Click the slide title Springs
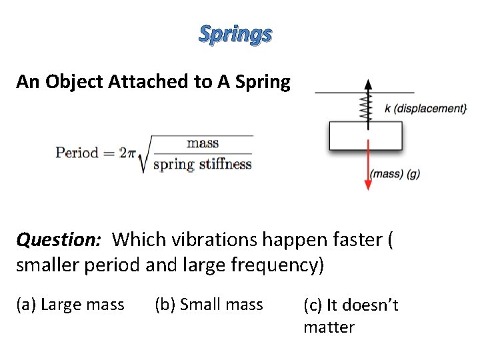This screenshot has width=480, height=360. [235, 33]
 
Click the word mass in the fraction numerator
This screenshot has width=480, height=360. [203, 142]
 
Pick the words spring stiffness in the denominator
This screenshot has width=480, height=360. [203, 164]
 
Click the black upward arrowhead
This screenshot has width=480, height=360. [366, 85]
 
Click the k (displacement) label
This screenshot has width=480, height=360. [425, 108]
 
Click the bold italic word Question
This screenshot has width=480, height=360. [61, 239]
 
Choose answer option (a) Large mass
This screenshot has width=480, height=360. [70, 305]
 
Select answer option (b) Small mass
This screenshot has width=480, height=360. [209, 305]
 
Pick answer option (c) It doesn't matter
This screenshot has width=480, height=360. [351, 315]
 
